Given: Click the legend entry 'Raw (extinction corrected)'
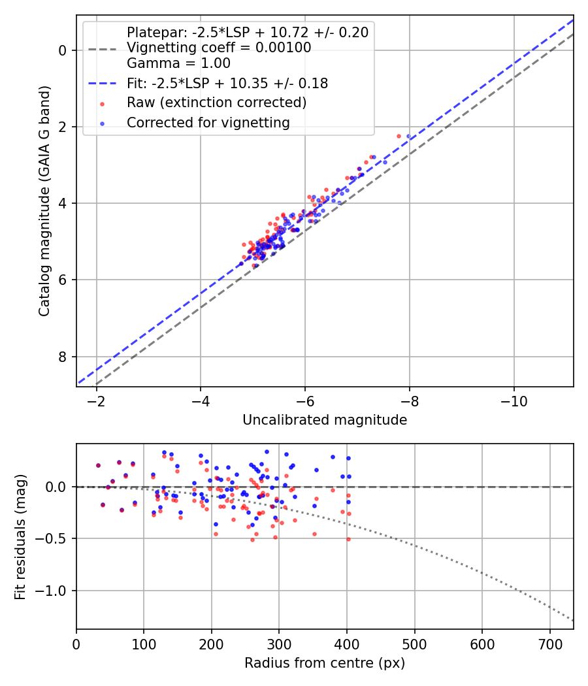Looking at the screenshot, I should click(216, 103).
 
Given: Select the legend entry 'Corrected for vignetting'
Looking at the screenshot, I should click(208, 122).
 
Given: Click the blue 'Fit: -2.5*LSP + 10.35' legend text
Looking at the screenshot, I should click(227, 84).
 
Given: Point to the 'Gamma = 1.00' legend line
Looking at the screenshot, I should click(178, 63).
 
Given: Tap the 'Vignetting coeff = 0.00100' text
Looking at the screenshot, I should click(219, 48).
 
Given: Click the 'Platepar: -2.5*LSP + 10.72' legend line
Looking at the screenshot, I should click(247, 32).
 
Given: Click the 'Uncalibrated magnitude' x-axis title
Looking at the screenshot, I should click(325, 420).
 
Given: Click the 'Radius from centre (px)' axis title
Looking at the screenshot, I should click(325, 663).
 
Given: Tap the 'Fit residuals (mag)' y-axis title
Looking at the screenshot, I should click(20, 536).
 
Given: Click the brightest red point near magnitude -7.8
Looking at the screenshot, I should click(399, 136).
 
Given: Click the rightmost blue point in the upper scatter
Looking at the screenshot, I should click(409, 136).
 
